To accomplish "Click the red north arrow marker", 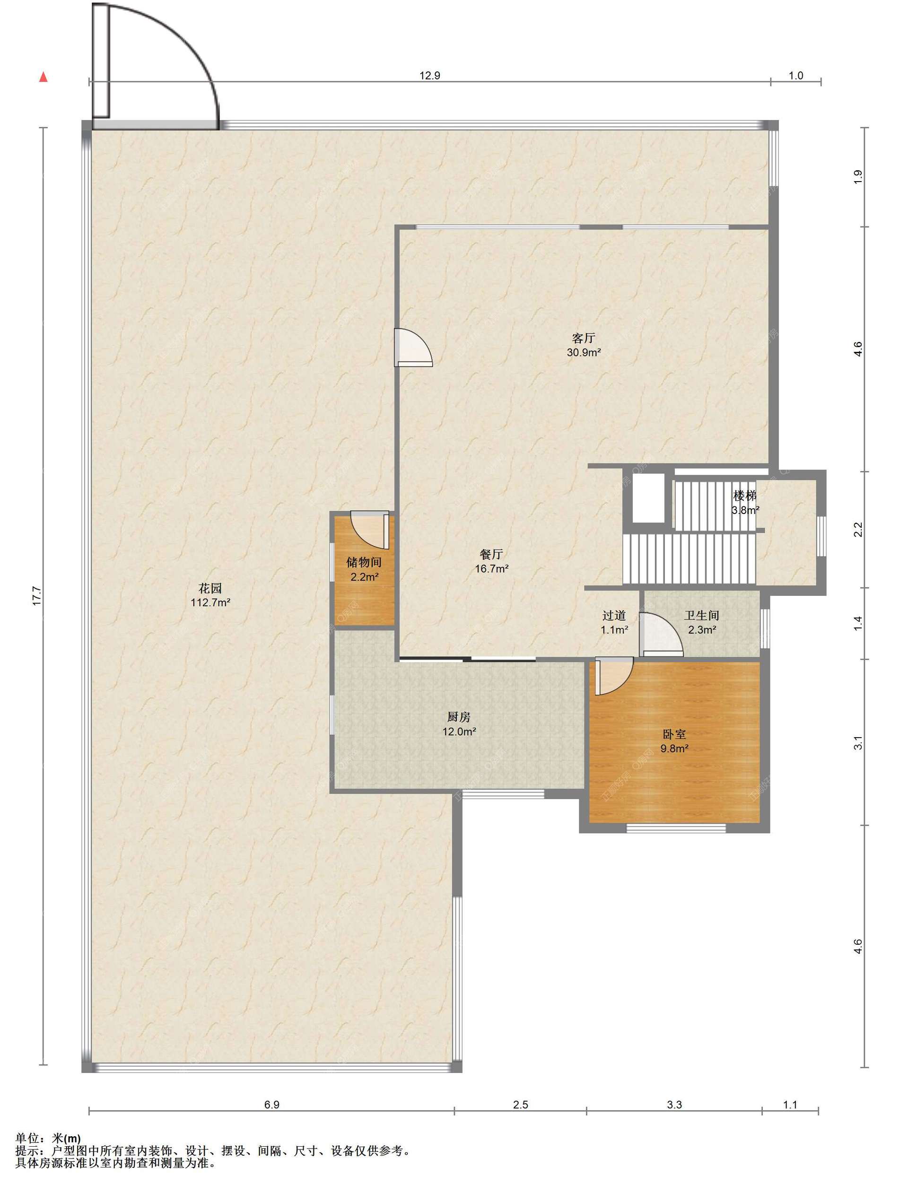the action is [43, 77].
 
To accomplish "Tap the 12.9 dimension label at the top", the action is [430, 76].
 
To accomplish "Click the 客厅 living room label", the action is [584, 338].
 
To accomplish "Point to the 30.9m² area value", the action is [584, 353].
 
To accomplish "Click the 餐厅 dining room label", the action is [492, 554].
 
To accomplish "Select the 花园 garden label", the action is [210, 588].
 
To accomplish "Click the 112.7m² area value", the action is [210, 603].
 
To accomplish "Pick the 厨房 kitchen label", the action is [459, 717].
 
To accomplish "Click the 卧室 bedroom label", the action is [674, 734].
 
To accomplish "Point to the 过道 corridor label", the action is [614, 615].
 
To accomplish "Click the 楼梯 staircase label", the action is [745, 496].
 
